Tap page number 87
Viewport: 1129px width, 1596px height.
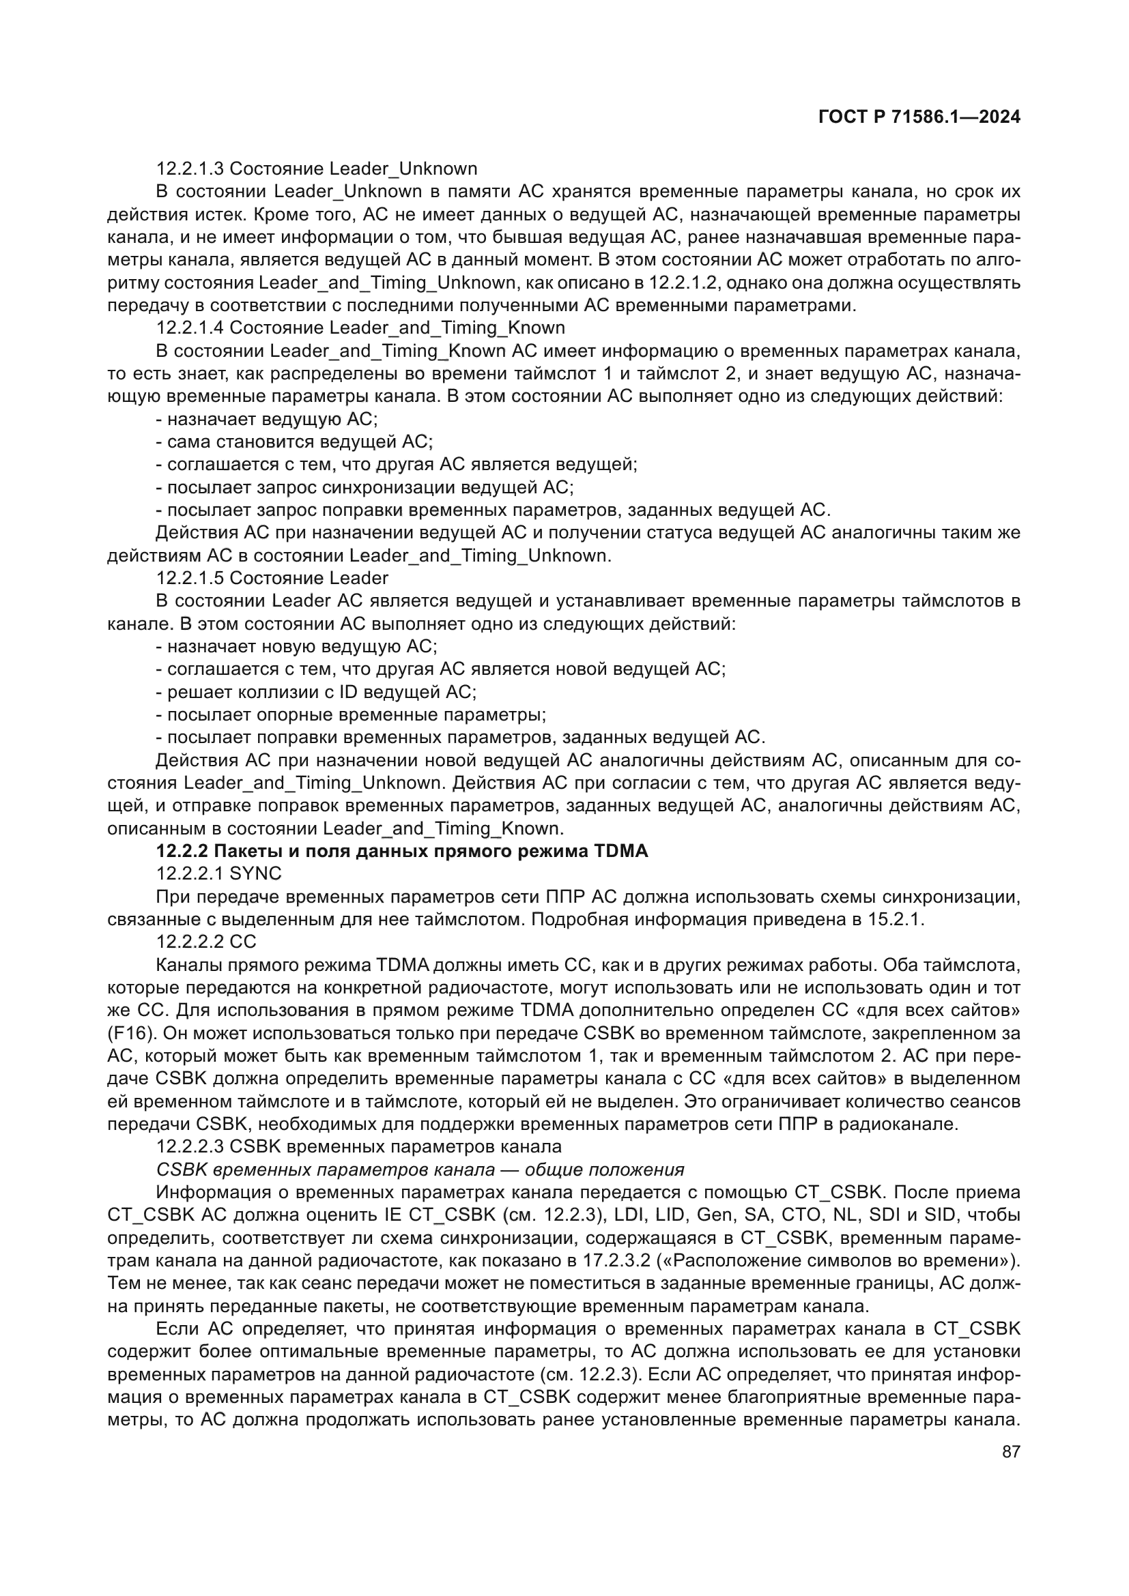[x=1011, y=1451]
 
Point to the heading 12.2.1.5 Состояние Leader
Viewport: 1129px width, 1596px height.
[x=272, y=578]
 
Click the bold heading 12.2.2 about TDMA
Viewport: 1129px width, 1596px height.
[x=402, y=851]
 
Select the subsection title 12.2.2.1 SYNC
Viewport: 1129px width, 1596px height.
[x=219, y=874]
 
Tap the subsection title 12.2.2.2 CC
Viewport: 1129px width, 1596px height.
[x=206, y=942]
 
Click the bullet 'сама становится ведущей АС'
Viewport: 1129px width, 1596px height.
[x=295, y=441]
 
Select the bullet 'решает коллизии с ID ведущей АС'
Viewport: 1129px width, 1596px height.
[x=316, y=692]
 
